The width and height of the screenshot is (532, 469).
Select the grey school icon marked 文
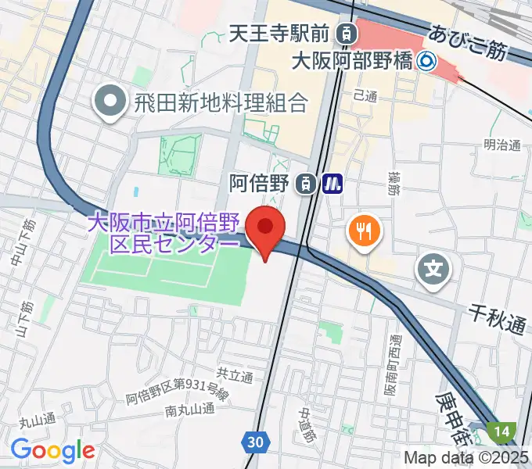434,270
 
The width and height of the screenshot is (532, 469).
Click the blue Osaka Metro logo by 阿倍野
333,184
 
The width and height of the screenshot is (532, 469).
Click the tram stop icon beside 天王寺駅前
344,34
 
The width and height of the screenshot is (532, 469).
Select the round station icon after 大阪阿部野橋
426,60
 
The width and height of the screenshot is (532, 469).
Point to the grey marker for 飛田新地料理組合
110,102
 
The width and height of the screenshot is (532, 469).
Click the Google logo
52,450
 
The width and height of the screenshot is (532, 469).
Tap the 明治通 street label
502,145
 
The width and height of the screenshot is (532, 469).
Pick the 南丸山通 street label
190,409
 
